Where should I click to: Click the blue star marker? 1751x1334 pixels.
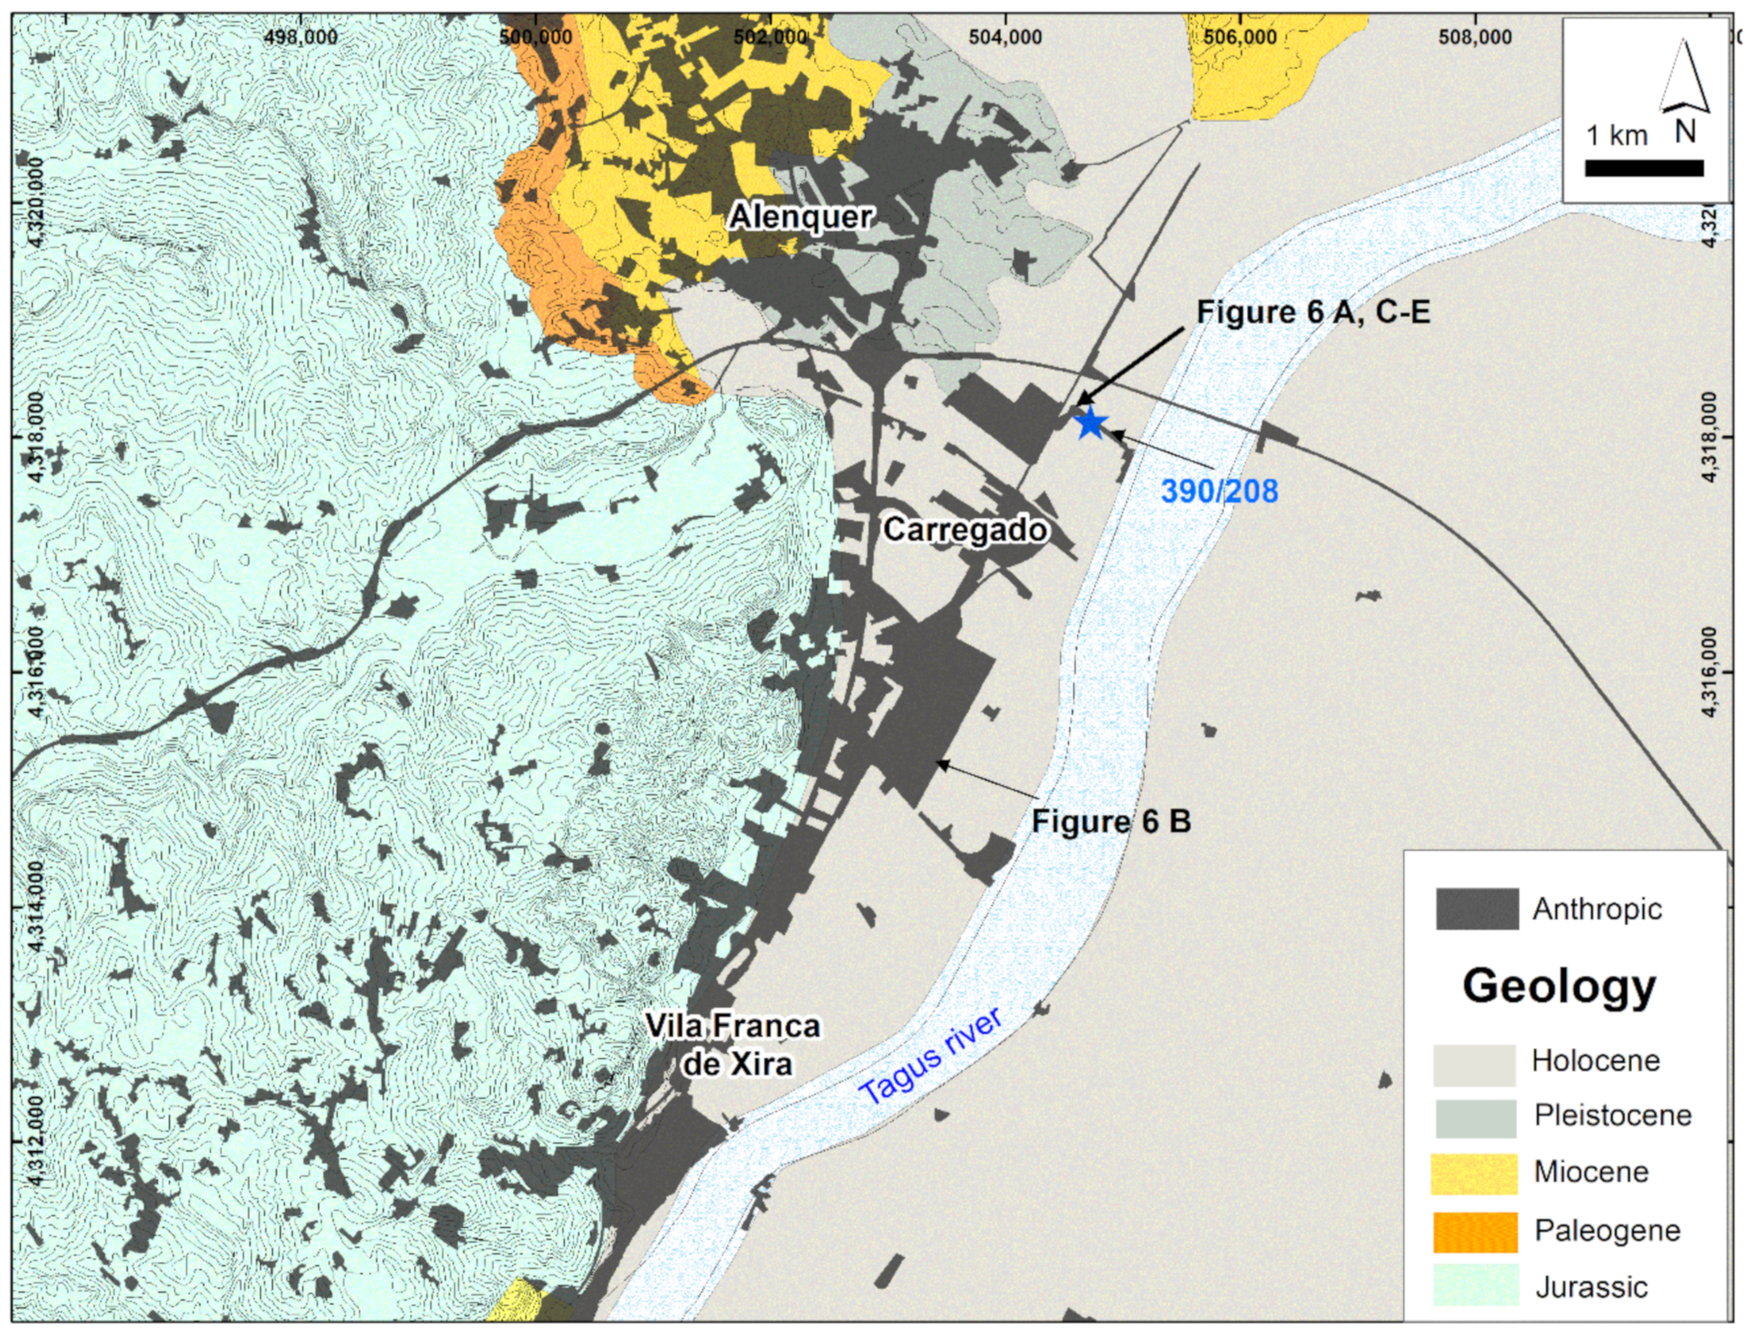pyautogui.click(x=1091, y=424)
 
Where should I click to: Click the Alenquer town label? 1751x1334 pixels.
pyautogui.click(x=801, y=217)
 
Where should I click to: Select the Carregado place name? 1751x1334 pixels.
pyautogui.click(x=966, y=530)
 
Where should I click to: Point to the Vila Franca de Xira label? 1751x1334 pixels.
pyautogui.click(x=732, y=1044)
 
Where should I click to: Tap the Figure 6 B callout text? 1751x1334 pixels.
pyautogui.click(x=1111, y=821)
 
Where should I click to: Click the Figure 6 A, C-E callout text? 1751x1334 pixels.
pyautogui.click(x=1313, y=312)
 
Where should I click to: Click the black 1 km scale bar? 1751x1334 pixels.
pyautogui.click(x=1644, y=168)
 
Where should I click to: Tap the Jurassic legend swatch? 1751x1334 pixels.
pyautogui.click(x=1474, y=1285)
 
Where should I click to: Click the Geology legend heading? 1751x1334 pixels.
pyautogui.click(x=1560, y=987)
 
